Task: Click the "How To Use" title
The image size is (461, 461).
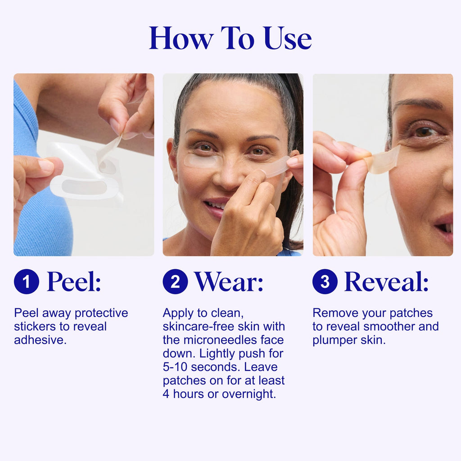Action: click(230, 38)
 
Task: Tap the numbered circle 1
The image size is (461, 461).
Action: click(26, 281)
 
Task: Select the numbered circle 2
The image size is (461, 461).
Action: click(175, 281)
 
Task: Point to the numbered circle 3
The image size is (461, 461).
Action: click(325, 281)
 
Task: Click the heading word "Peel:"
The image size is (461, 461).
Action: click(74, 282)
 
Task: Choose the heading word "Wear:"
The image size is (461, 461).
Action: click(229, 282)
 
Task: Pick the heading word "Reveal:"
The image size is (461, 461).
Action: click(386, 282)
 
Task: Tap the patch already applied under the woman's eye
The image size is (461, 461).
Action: click(202, 161)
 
